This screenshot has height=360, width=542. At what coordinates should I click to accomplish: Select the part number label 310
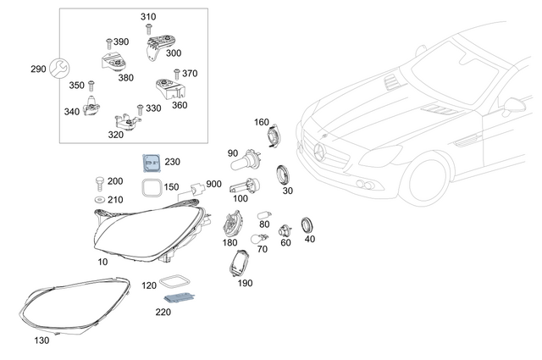[148, 17]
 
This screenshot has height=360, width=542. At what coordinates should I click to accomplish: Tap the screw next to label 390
[108, 42]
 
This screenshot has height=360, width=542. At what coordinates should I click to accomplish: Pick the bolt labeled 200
[97, 182]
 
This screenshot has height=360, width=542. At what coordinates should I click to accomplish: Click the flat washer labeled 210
[98, 200]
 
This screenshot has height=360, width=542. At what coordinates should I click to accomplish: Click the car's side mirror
[512, 106]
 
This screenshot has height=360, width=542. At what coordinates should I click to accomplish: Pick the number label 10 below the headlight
[102, 262]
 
